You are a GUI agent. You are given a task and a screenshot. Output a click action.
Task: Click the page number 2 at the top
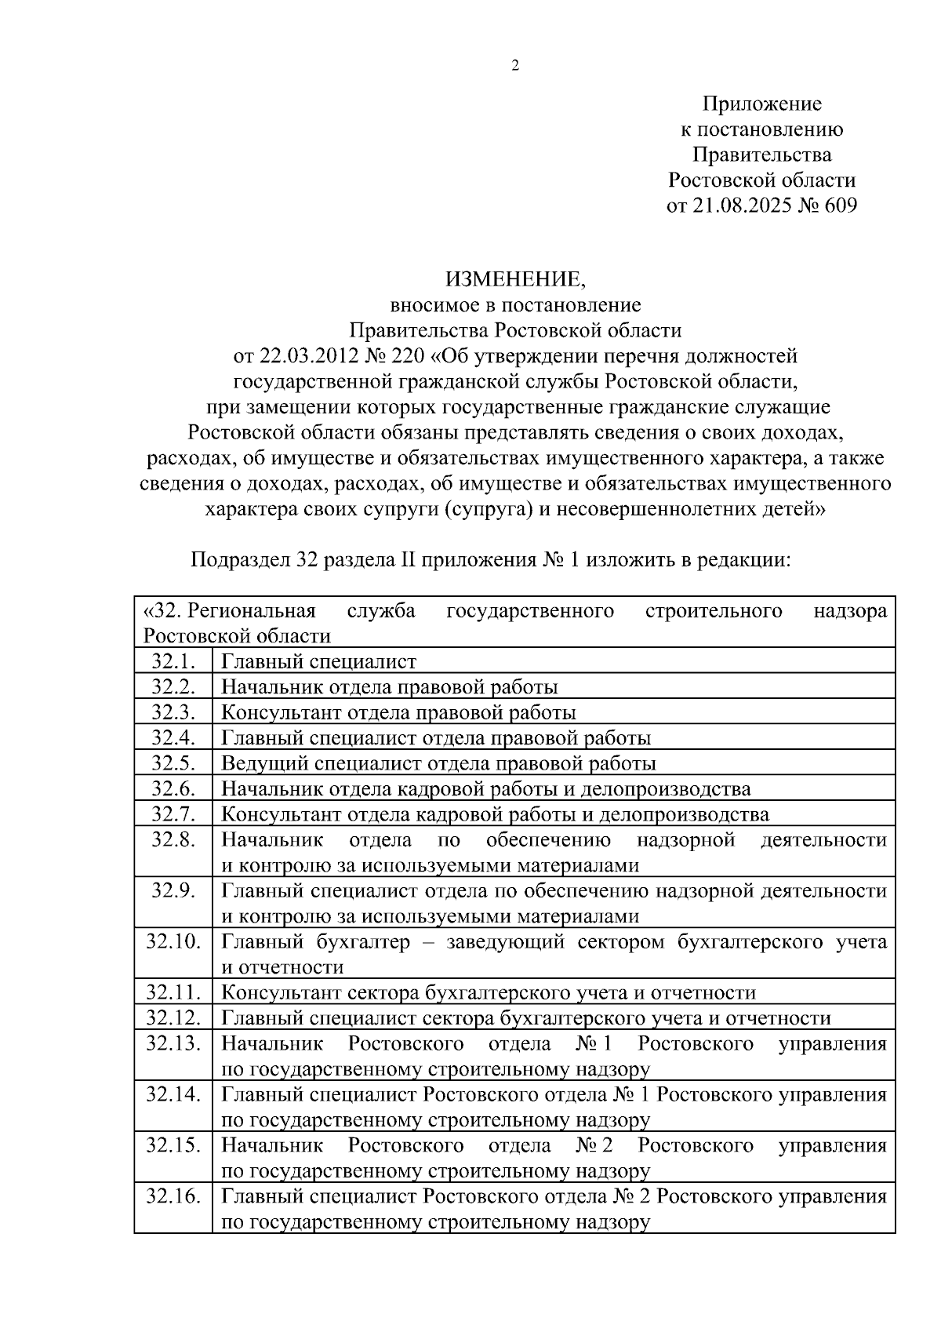click(515, 66)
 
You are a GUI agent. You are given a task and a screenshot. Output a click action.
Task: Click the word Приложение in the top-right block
click(761, 104)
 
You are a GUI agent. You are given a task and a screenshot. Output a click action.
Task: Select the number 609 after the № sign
click(841, 206)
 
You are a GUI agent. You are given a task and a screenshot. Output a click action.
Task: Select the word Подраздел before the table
click(241, 561)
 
